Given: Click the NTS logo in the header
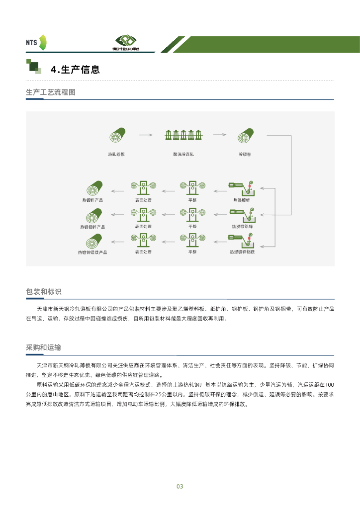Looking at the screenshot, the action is pyautogui.click(x=36, y=42).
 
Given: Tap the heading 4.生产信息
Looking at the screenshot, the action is pyautogui.click(x=76, y=70).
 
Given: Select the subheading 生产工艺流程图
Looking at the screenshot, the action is pyautogui.click(x=50, y=92).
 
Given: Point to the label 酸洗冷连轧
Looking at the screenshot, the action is pyautogui.click(x=183, y=154).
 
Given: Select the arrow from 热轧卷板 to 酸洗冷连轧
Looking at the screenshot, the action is pyautogui.click(x=145, y=134).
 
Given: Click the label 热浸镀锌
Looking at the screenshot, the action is pyautogui.click(x=242, y=200).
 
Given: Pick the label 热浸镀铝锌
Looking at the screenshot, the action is pyautogui.click(x=242, y=226).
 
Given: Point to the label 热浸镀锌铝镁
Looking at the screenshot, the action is pyautogui.click(x=242, y=253).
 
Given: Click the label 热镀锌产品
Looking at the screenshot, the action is pyautogui.click(x=92, y=200).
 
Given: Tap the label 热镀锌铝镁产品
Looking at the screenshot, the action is pyautogui.click(x=92, y=253).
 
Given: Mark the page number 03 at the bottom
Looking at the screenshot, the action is pyautogui.click(x=180, y=486).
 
